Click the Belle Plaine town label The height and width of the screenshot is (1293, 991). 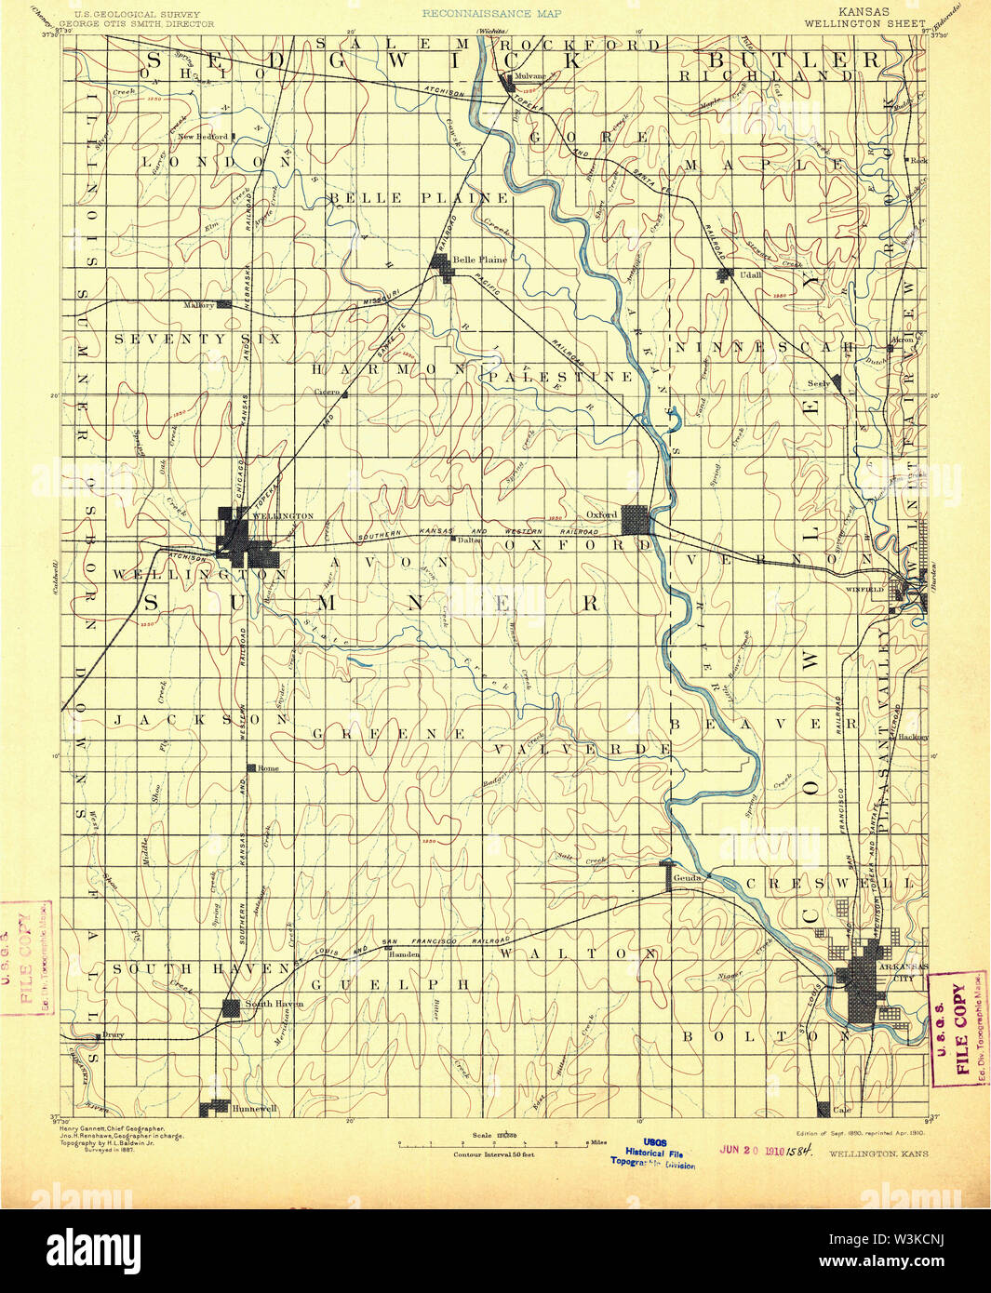point(480,260)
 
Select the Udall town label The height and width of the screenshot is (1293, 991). point(749,275)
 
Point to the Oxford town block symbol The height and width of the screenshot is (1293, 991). point(636,519)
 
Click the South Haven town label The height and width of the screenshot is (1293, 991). point(274,1004)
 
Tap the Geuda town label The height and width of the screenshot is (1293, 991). point(687,878)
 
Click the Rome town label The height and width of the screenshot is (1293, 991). point(268,768)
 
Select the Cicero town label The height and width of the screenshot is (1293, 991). point(327,393)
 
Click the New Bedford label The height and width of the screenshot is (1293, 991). point(203,137)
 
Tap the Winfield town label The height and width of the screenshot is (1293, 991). point(863,590)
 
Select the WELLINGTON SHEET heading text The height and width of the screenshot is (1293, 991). point(864,23)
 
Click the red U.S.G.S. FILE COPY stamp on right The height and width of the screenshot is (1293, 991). point(959,1029)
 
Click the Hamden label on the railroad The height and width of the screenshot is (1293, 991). point(404,954)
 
